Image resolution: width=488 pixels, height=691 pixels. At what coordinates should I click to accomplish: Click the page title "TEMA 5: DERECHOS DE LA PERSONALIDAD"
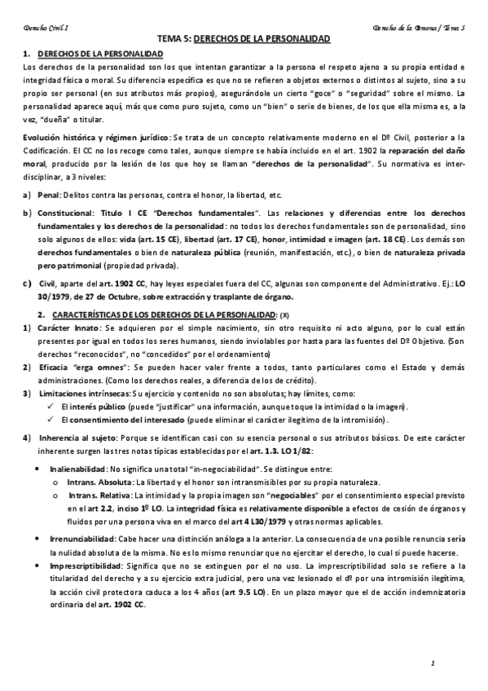click(x=243, y=38)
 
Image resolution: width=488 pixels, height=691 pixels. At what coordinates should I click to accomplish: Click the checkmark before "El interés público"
click(x=51, y=406)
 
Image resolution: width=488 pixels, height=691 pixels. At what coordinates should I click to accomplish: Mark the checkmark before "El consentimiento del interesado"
click(x=51, y=420)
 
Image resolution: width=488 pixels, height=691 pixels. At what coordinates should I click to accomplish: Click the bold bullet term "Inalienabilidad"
click(x=79, y=469)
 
